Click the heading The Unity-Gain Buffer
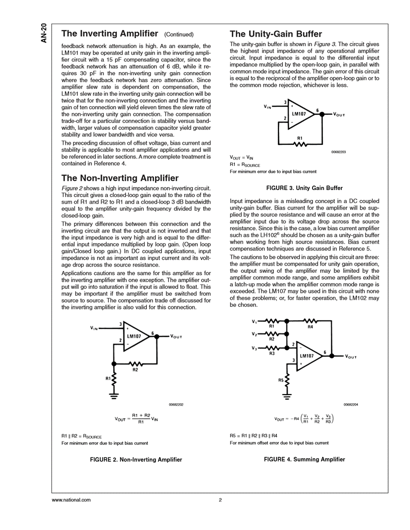pyautogui.click(x=276, y=34)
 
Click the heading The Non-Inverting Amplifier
pyautogui.click(x=119, y=178)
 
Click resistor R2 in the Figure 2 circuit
pyautogui.click(x=135, y=364)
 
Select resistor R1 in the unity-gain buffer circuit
pyautogui.click(x=300, y=143)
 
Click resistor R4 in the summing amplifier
pyautogui.click(x=310, y=320)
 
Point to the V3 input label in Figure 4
pyautogui.click(x=254, y=348)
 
